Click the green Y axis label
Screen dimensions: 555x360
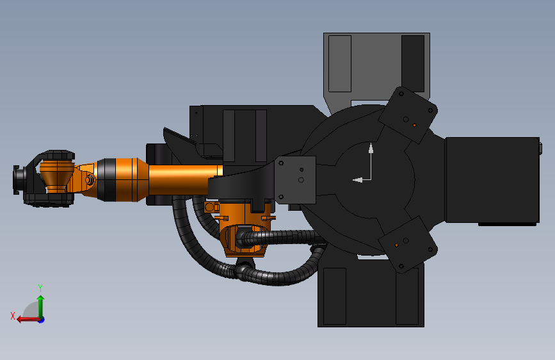40,288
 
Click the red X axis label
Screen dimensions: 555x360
13,316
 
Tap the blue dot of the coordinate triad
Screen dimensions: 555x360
42,320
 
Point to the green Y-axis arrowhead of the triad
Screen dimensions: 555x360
41,299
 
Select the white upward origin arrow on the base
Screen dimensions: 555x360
371,161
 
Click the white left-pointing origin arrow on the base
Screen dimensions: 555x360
362,180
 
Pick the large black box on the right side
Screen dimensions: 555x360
492,180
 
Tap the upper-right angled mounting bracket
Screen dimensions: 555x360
408,115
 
